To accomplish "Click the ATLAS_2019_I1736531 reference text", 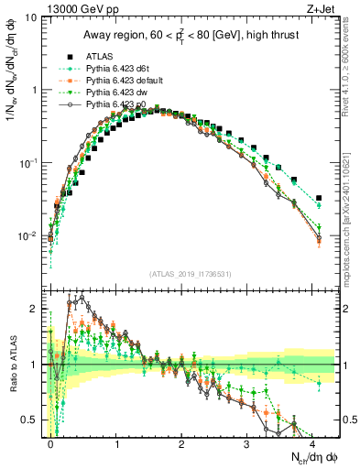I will pos(191,274).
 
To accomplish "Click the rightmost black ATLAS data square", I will pos(318,198).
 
